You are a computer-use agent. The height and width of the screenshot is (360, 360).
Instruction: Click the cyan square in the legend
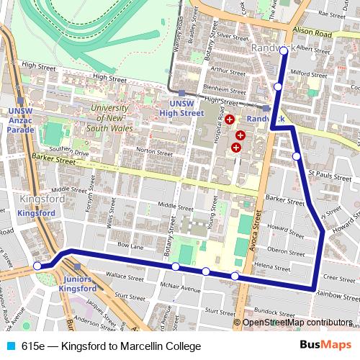pyautogui.click(x=11, y=346)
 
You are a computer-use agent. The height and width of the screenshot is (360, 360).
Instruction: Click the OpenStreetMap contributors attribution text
pyautogui.click(x=297, y=323)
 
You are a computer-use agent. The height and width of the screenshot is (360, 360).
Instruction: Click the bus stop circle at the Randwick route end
pyautogui.click(x=283, y=51)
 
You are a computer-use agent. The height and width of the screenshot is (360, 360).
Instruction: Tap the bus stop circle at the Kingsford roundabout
pyautogui.click(x=38, y=266)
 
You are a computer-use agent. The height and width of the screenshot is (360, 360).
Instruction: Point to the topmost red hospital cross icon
pyautogui.click(x=229, y=119)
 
